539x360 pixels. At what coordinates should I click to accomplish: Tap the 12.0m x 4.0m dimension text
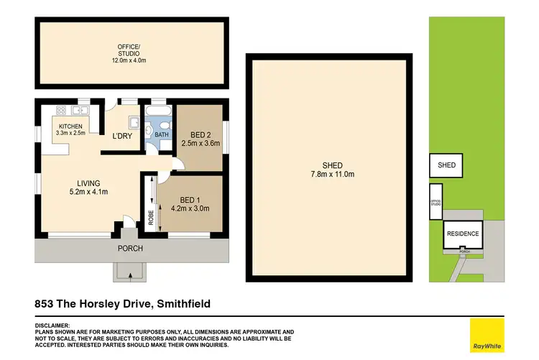[x=131, y=60]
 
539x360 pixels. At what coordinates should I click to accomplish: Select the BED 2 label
[x=201, y=134]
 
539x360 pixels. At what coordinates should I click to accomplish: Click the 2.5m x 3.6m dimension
[x=201, y=144]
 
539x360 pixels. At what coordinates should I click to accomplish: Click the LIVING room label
[x=89, y=183]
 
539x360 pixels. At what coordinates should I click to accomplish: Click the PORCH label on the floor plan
[x=131, y=249]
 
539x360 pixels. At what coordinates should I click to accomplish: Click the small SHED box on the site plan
[x=446, y=165]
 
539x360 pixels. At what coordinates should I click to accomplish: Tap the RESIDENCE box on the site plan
[x=463, y=234]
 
